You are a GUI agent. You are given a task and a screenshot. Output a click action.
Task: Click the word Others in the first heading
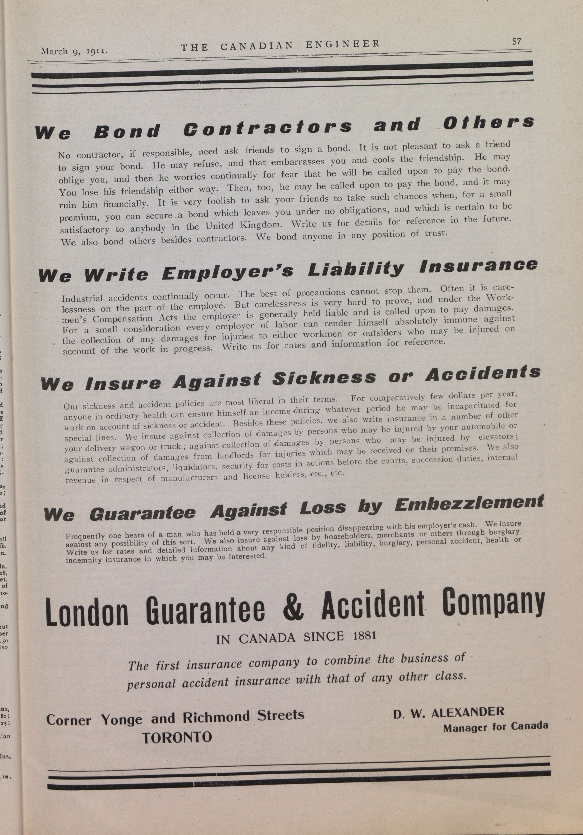(x=489, y=123)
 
